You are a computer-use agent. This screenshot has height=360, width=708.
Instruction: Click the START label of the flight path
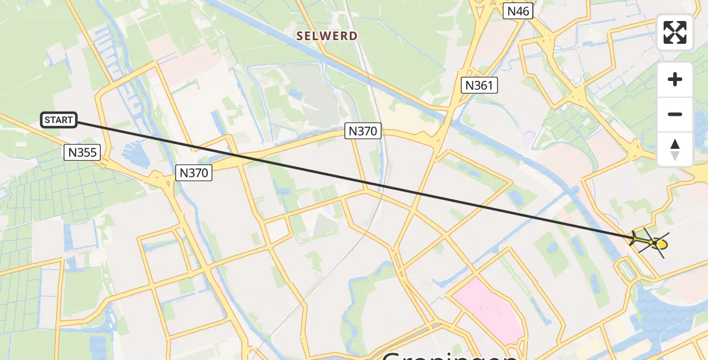[59, 120]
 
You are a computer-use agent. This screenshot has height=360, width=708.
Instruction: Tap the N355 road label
[82, 152]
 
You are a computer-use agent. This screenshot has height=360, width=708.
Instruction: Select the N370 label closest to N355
[194, 173]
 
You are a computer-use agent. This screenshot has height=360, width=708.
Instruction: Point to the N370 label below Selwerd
[363, 131]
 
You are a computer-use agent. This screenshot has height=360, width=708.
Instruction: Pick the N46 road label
[518, 11]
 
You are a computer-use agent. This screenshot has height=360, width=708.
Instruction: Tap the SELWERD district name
[326, 36]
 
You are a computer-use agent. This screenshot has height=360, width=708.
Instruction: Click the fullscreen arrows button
[675, 32]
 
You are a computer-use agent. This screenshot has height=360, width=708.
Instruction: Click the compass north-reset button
[675, 149]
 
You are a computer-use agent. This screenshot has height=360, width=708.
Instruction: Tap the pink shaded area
[486, 310]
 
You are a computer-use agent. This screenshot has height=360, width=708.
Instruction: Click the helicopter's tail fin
[634, 239]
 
